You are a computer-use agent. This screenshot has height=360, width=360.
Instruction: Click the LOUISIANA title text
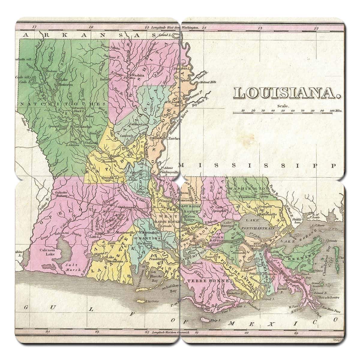click(287, 93)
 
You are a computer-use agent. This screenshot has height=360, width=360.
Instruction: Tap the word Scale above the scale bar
click(282, 106)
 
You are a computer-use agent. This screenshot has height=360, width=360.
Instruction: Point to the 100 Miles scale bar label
click(336, 110)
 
